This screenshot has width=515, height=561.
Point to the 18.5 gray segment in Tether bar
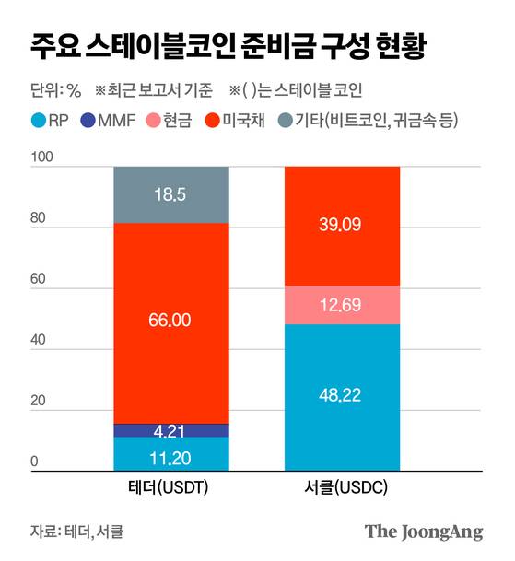point(171,194)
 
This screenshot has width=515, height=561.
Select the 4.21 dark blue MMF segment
point(171,430)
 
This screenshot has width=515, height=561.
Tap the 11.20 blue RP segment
point(171,454)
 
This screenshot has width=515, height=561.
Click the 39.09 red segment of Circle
point(342,226)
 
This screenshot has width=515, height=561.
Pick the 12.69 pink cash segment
point(342,304)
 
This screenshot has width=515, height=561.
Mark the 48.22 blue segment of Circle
point(342,397)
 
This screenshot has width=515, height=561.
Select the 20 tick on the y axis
point(38,403)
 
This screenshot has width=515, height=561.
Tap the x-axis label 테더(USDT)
point(171,488)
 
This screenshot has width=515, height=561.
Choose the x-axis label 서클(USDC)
point(342,488)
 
